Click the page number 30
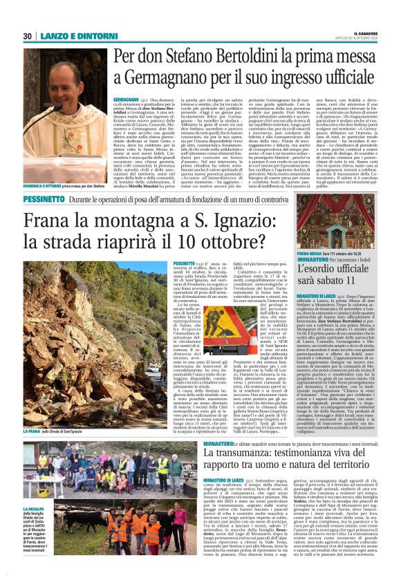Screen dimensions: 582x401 click(27, 36)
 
